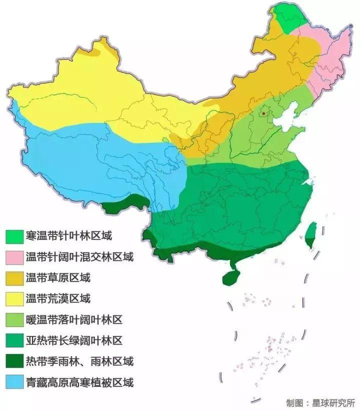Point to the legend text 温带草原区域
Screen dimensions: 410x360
tap(57, 278)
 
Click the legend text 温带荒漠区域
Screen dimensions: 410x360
tap(57, 299)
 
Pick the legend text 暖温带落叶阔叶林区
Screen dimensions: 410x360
tap(73, 320)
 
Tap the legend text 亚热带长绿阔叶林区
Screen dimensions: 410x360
tap(73, 341)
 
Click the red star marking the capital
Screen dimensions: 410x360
tap(263, 113)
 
